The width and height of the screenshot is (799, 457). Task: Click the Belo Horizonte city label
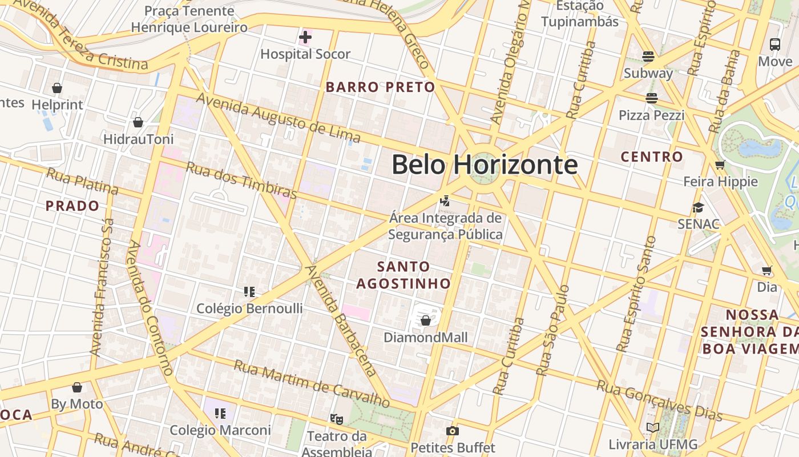click(x=485, y=165)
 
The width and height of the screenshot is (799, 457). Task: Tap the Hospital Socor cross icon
click(x=305, y=38)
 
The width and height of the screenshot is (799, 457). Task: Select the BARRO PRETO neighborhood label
click(x=380, y=87)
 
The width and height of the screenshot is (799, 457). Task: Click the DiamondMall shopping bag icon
click(x=425, y=320)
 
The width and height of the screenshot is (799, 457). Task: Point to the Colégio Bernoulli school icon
click(x=249, y=292)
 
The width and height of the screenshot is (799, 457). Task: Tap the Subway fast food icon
click(x=648, y=56)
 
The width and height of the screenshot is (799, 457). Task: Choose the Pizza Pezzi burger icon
click(x=651, y=98)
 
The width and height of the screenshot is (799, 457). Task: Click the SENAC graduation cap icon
click(x=698, y=207)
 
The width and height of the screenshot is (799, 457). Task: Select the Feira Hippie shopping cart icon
click(x=720, y=165)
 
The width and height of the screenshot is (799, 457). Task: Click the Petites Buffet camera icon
click(x=453, y=431)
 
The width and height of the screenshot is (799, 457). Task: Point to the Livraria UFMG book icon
click(x=652, y=427)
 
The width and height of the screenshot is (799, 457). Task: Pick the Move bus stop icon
click(x=775, y=44)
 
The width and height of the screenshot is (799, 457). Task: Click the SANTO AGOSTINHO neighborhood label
click(x=403, y=275)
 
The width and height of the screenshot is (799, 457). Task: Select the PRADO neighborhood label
click(x=72, y=206)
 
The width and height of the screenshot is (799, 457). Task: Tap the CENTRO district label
click(x=652, y=157)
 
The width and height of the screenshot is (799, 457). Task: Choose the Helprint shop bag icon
click(x=57, y=88)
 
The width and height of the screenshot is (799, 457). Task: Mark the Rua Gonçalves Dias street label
click(x=659, y=400)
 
